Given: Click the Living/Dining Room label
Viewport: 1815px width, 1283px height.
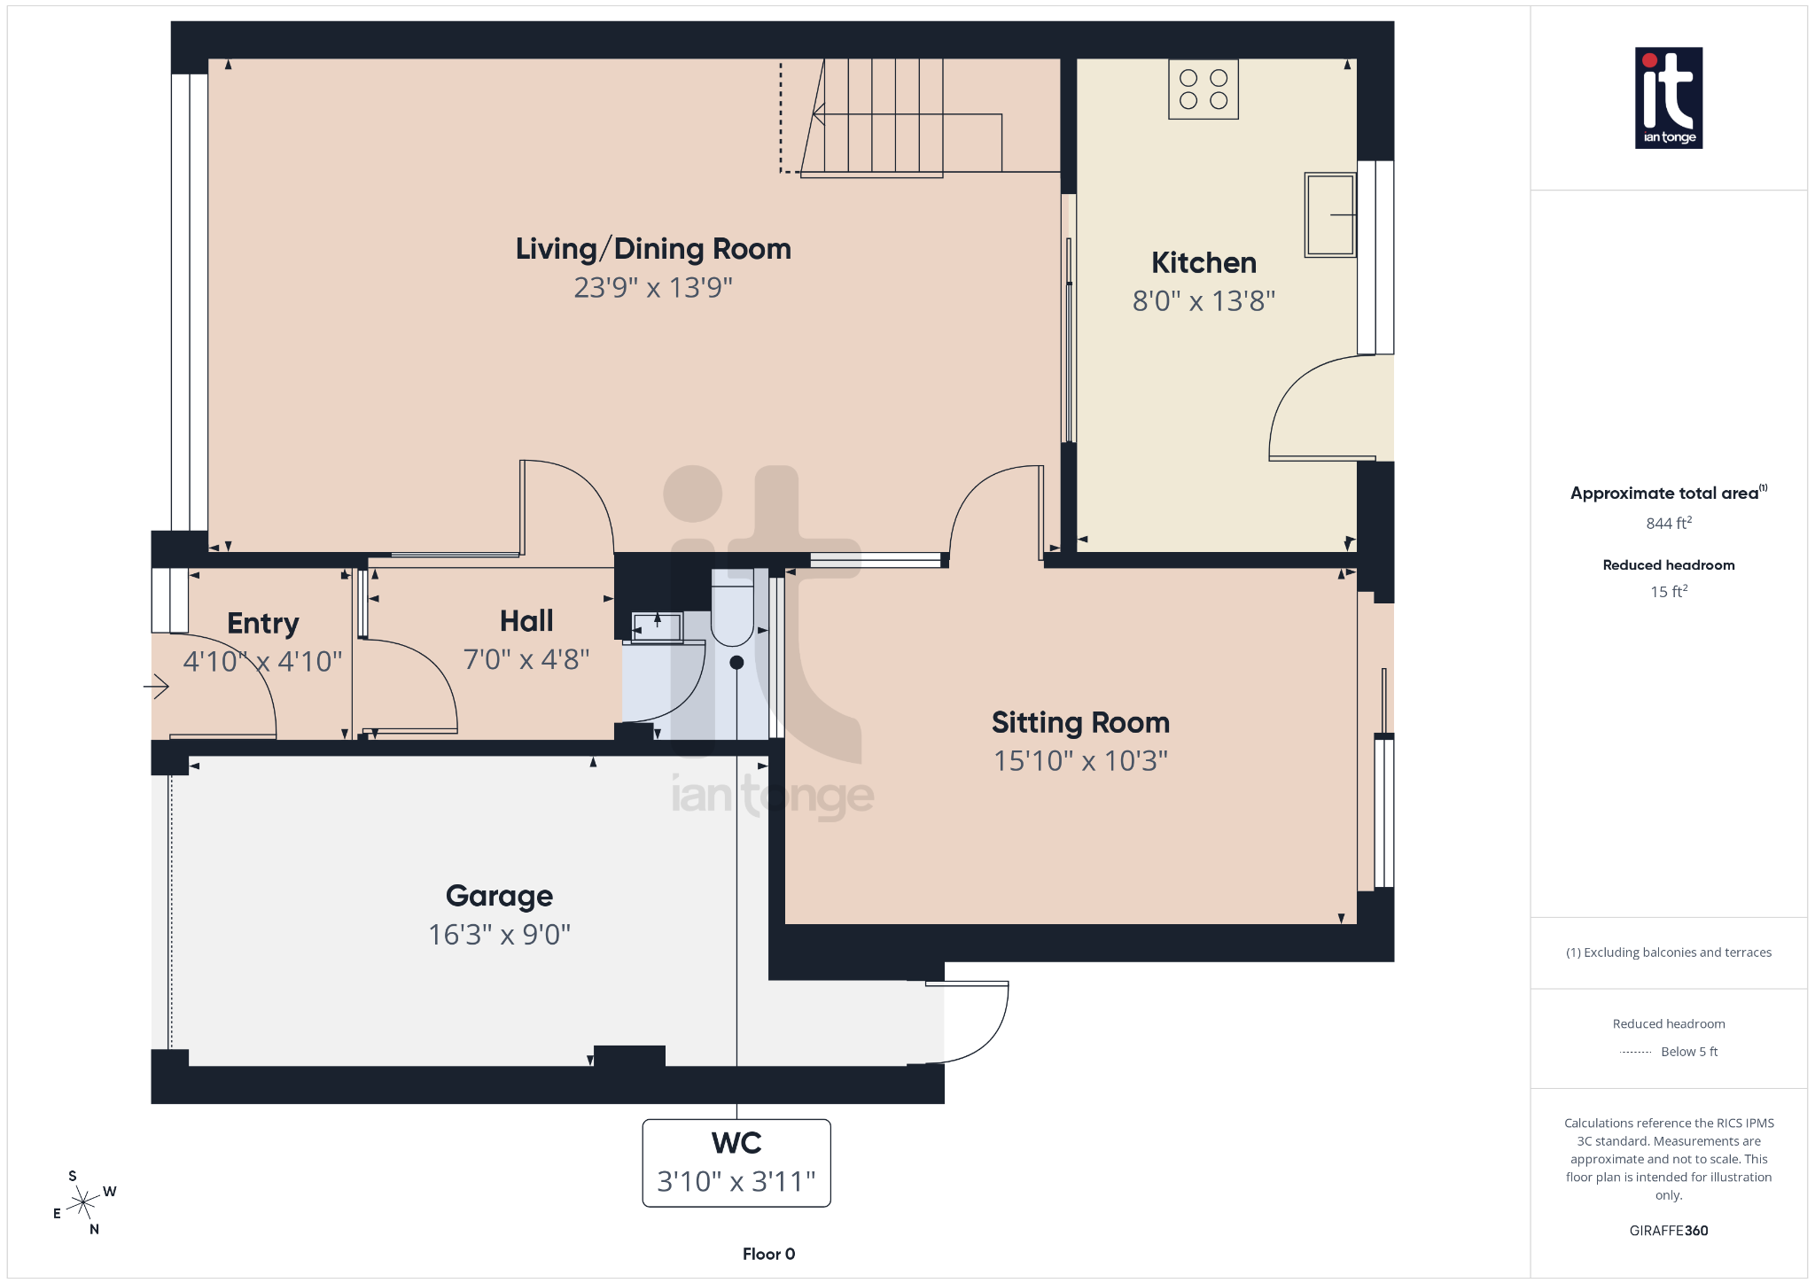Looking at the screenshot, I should click(653, 249).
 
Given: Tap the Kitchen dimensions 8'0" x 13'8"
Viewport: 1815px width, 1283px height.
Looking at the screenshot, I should click(1203, 301).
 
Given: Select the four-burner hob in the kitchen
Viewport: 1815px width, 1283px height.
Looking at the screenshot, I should click(1203, 89).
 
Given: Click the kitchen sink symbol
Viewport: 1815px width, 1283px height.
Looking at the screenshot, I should click(1329, 214).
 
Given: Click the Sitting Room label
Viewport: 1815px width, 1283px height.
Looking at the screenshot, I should click(1079, 722).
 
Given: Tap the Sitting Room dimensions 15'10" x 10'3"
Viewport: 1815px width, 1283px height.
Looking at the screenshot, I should click(1079, 760).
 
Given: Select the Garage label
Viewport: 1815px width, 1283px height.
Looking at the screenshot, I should click(499, 896).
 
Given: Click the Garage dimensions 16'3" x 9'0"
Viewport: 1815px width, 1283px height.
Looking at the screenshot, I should click(499, 934).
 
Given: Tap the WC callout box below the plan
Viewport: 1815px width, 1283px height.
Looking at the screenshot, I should click(736, 1162).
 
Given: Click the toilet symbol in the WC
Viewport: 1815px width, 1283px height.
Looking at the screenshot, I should click(732, 611).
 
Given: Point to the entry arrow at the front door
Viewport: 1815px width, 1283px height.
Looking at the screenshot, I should click(157, 686).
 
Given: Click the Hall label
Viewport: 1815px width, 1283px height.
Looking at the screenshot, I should click(526, 620).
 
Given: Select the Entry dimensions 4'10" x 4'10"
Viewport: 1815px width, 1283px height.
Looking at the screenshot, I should click(262, 661).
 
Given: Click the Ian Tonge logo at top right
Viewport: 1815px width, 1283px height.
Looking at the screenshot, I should click(1668, 97).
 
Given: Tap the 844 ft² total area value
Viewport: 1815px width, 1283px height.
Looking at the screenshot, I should click(1668, 523).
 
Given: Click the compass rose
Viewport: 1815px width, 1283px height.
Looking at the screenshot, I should click(83, 1202).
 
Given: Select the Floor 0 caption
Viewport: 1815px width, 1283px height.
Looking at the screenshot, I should click(768, 1254).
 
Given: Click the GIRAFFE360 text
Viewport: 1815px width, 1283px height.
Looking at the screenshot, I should click(1668, 1230).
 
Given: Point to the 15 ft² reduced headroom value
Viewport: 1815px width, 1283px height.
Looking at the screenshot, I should click(1668, 591).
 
